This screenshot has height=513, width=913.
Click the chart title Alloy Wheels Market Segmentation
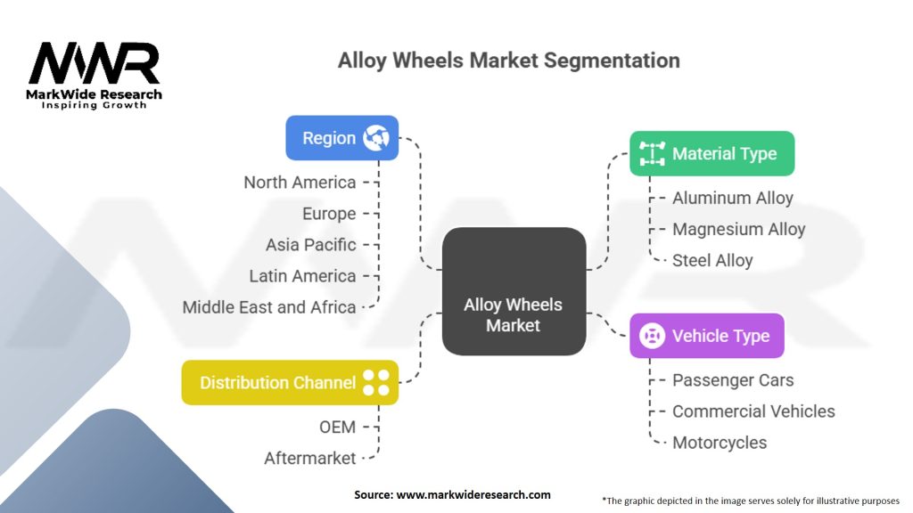tap(508, 61)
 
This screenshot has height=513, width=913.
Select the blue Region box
tap(341, 138)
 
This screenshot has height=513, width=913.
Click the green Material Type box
tap(711, 153)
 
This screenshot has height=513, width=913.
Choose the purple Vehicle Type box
tap(706, 336)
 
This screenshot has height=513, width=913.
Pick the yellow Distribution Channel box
tap(290, 383)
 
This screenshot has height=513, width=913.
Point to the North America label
tap(300, 182)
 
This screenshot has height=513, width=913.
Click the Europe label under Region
tap(328, 214)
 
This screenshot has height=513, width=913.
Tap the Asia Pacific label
tap(310, 244)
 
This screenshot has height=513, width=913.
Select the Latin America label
tap(302, 276)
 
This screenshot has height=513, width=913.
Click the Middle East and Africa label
tap(269, 307)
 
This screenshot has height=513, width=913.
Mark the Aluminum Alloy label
tap(732, 198)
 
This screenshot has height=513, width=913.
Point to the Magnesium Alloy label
tap(738, 229)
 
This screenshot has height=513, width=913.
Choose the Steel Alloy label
tap(712, 260)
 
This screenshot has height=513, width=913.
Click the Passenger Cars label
tap(733, 380)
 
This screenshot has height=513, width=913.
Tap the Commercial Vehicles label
tap(753, 411)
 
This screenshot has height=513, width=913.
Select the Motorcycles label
tap(720, 443)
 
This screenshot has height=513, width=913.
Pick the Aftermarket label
tap(309, 458)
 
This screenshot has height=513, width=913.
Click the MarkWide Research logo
tap(95, 75)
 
